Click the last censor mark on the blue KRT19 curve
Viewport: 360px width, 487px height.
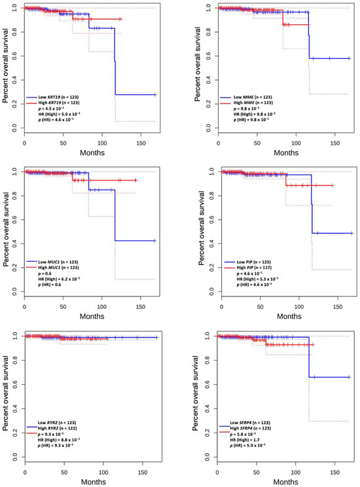[154, 95]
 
